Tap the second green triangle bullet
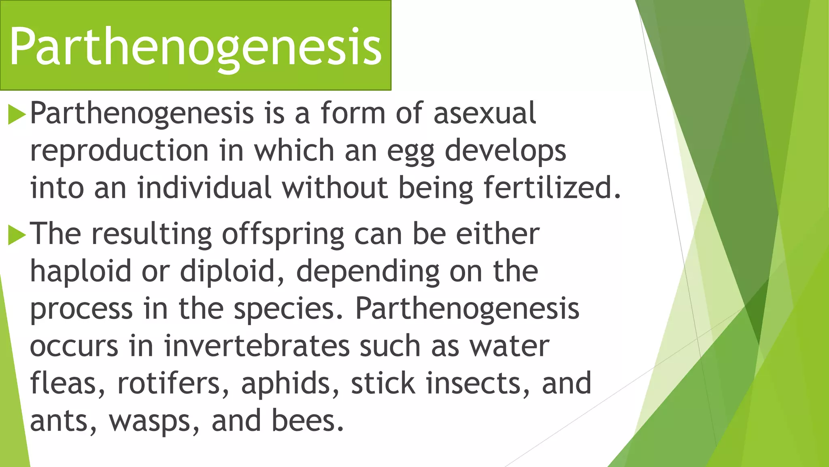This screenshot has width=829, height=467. click(x=17, y=236)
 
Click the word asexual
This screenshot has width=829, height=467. click(x=485, y=113)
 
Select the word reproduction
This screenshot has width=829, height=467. click(x=119, y=151)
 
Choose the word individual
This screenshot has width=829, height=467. click(x=204, y=188)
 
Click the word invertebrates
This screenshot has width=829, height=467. click(x=257, y=347)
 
